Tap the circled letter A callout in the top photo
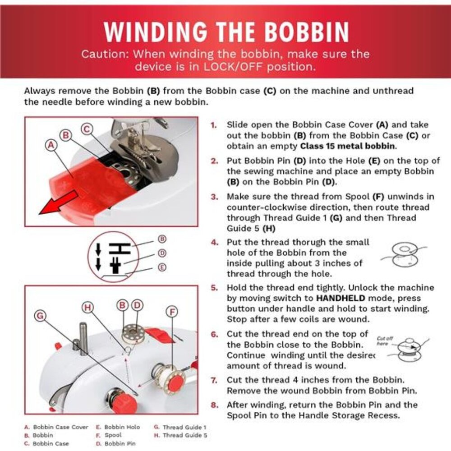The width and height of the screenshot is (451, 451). tap(51, 145)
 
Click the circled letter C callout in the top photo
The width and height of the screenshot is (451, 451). tap(86, 129)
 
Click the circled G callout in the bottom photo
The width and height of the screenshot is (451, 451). tap(40, 316)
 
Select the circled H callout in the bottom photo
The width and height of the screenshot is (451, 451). tap(88, 308)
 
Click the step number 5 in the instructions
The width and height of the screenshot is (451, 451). tap(214, 288)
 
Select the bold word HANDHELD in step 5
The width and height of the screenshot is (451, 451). tap(340, 298)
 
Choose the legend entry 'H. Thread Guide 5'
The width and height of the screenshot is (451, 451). tap(180, 435)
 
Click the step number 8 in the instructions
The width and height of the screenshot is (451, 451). tap(214, 405)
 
